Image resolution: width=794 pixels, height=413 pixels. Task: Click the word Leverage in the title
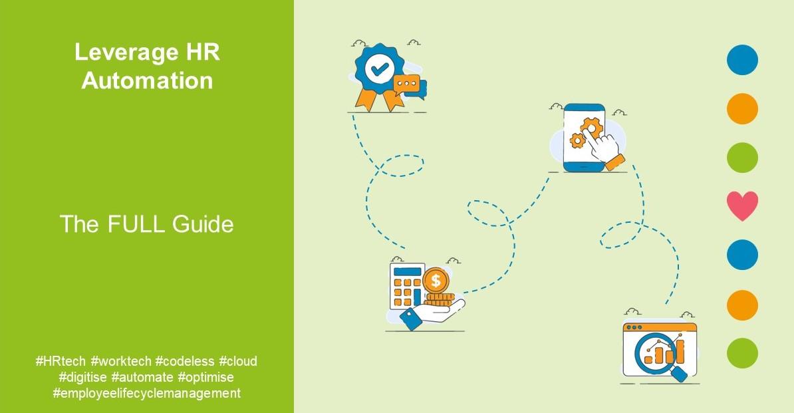tap(119, 52)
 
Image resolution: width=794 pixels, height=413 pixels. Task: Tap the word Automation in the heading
tap(147, 80)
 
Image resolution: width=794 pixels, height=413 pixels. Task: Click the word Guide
tap(203, 224)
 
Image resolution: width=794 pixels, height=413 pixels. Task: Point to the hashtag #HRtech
tap(61, 361)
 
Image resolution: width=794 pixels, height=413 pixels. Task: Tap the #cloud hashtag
tap(238, 361)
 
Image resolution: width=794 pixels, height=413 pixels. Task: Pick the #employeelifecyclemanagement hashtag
tap(147, 393)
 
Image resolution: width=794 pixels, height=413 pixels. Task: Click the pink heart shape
tap(742, 206)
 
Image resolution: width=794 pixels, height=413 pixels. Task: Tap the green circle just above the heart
tap(742, 158)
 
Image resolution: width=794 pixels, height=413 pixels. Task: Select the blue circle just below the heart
tap(742, 255)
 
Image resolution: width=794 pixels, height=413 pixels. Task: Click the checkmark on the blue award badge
tap(379, 69)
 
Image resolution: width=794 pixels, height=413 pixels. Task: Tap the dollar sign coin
tap(436, 281)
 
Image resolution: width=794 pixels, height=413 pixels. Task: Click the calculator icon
tap(407, 287)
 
